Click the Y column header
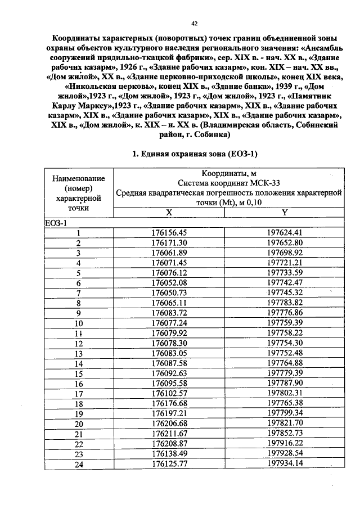point(285,212)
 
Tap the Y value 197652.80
point(285,242)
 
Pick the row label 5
point(79,273)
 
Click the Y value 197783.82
point(285,303)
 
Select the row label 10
point(79,323)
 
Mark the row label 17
point(79,394)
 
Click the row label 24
point(79,464)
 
